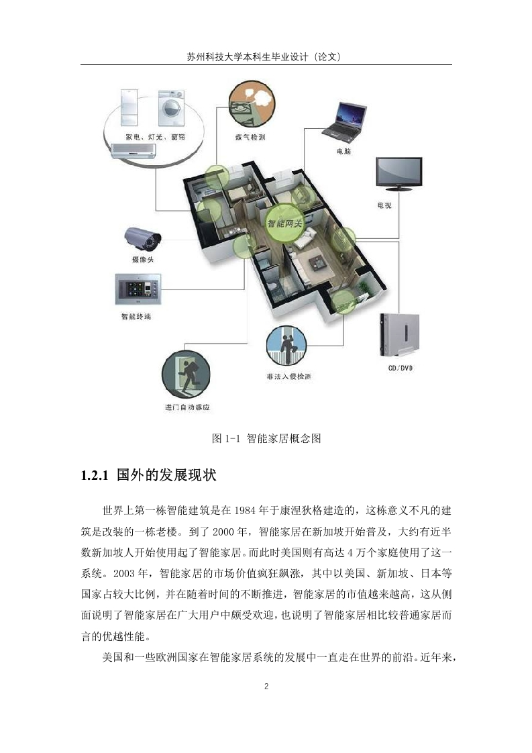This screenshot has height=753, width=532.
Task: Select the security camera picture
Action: (143, 239)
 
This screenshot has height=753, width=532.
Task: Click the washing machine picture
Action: (172, 108)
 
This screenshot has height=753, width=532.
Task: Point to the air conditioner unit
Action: (134, 151)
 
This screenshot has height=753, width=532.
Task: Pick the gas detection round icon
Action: (252, 105)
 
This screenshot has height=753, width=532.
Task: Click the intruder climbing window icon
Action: (286, 346)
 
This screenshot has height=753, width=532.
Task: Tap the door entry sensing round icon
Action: (186, 374)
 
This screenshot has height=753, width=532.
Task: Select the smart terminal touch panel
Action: (138, 289)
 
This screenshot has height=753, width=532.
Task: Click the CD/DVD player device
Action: (399, 335)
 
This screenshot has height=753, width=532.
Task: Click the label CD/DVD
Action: (401, 368)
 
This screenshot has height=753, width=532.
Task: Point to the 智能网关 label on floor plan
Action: (284, 223)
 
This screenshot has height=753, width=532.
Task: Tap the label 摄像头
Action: (143, 259)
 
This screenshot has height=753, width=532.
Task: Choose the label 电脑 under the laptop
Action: (343, 152)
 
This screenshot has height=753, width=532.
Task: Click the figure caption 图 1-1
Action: (225, 438)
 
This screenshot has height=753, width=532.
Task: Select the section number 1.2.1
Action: (95, 476)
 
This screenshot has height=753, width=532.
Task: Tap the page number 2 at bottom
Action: (266, 687)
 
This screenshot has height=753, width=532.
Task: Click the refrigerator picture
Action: (129, 107)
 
